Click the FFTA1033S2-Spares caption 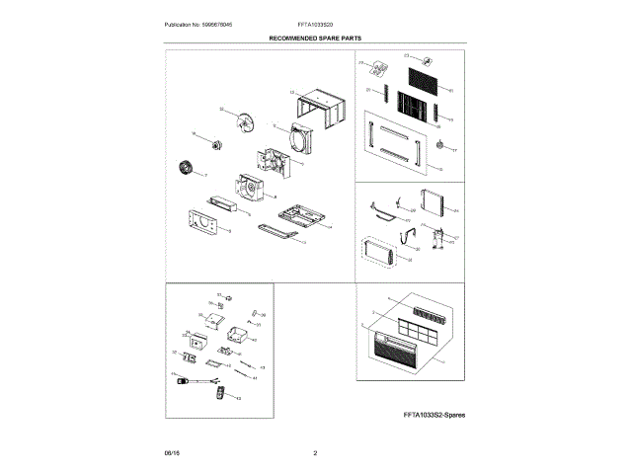point(433,416)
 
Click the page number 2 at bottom point(315,453)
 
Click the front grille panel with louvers point(405,351)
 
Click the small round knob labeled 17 point(439,147)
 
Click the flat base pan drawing point(301,212)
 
